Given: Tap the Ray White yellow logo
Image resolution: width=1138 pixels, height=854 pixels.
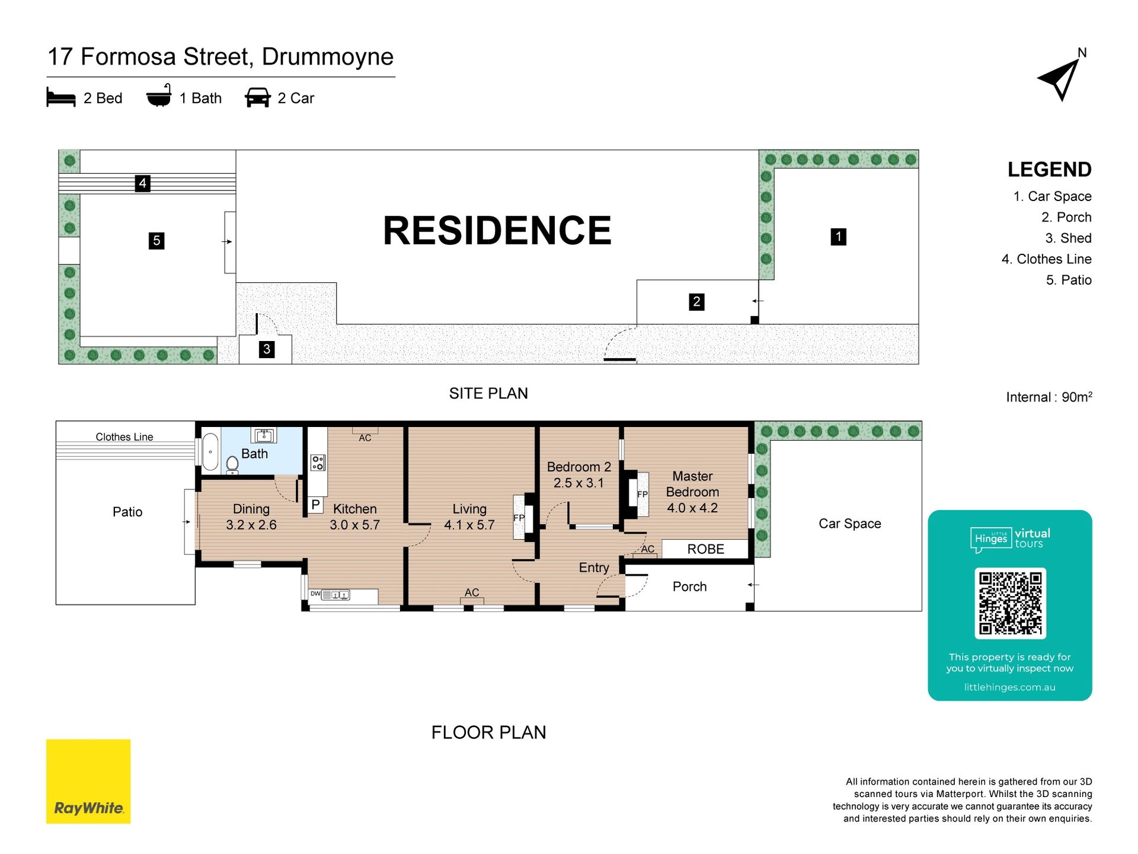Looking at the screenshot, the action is click(88, 781).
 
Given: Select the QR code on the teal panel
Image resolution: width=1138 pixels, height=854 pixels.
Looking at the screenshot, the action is click(1010, 603).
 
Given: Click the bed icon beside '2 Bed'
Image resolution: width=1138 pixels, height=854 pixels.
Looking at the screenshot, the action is click(61, 98).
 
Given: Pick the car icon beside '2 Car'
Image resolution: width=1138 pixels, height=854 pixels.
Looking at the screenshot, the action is click(258, 98).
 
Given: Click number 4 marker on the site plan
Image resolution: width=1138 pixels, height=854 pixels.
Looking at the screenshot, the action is click(142, 183).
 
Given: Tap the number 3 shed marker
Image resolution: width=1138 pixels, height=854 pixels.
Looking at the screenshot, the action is click(267, 349).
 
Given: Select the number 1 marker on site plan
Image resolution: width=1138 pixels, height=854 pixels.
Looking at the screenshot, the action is click(838, 237).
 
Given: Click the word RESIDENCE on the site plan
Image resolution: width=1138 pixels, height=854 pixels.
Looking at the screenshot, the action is click(497, 230).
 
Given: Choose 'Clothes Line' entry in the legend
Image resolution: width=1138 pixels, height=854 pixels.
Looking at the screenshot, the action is click(1046, 259).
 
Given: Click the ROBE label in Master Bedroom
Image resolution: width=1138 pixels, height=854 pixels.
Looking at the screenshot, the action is click(705, 549).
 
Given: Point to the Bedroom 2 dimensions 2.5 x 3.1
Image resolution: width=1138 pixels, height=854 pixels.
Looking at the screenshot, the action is click(578, 483).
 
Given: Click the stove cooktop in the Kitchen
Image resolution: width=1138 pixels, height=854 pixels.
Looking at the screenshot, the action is click(318, 463).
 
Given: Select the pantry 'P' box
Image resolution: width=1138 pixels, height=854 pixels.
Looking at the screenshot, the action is click(316, 505).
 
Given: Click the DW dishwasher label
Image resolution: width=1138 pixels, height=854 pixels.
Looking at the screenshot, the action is click(315, 594).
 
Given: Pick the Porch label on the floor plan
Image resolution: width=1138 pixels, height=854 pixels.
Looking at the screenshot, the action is click(689, 587).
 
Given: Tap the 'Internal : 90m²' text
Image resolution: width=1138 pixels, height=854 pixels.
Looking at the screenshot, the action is click(1049, 397).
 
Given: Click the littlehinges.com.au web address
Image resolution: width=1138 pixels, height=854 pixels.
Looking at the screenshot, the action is click(1009, 687).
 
